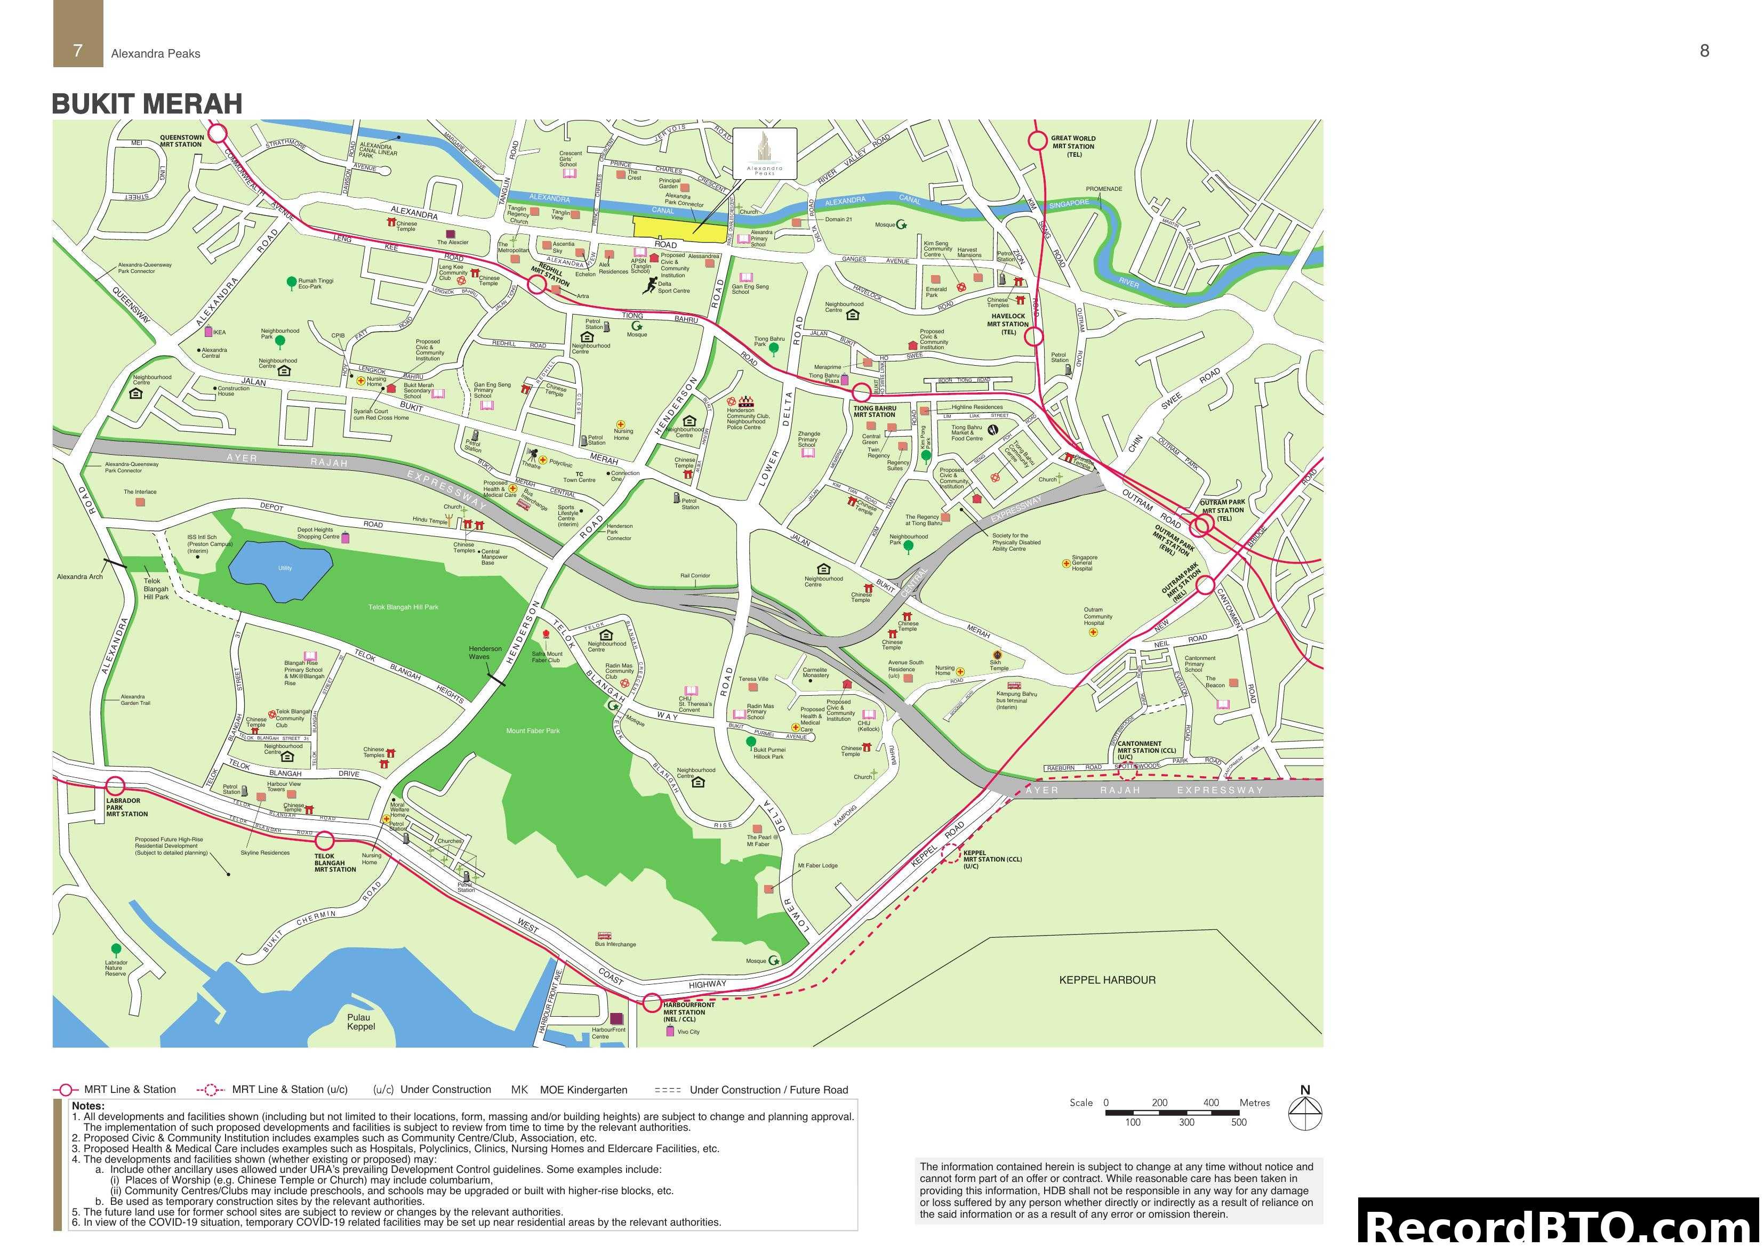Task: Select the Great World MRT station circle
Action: tap(1038, 141)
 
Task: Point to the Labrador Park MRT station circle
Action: tap(115, 786)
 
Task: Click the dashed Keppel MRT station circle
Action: tap(952, 855)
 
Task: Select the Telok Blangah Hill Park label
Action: tap(403, 607)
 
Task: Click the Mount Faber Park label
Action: tap(532, 731)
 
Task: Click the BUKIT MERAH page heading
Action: tap(147, 104)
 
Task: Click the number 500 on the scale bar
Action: tap(1239, 1122)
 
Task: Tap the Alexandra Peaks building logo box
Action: tap(765, 153)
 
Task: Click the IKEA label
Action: tap(219, 333)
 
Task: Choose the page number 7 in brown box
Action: tap(78, 51)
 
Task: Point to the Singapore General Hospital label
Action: tap(1084, 563)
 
